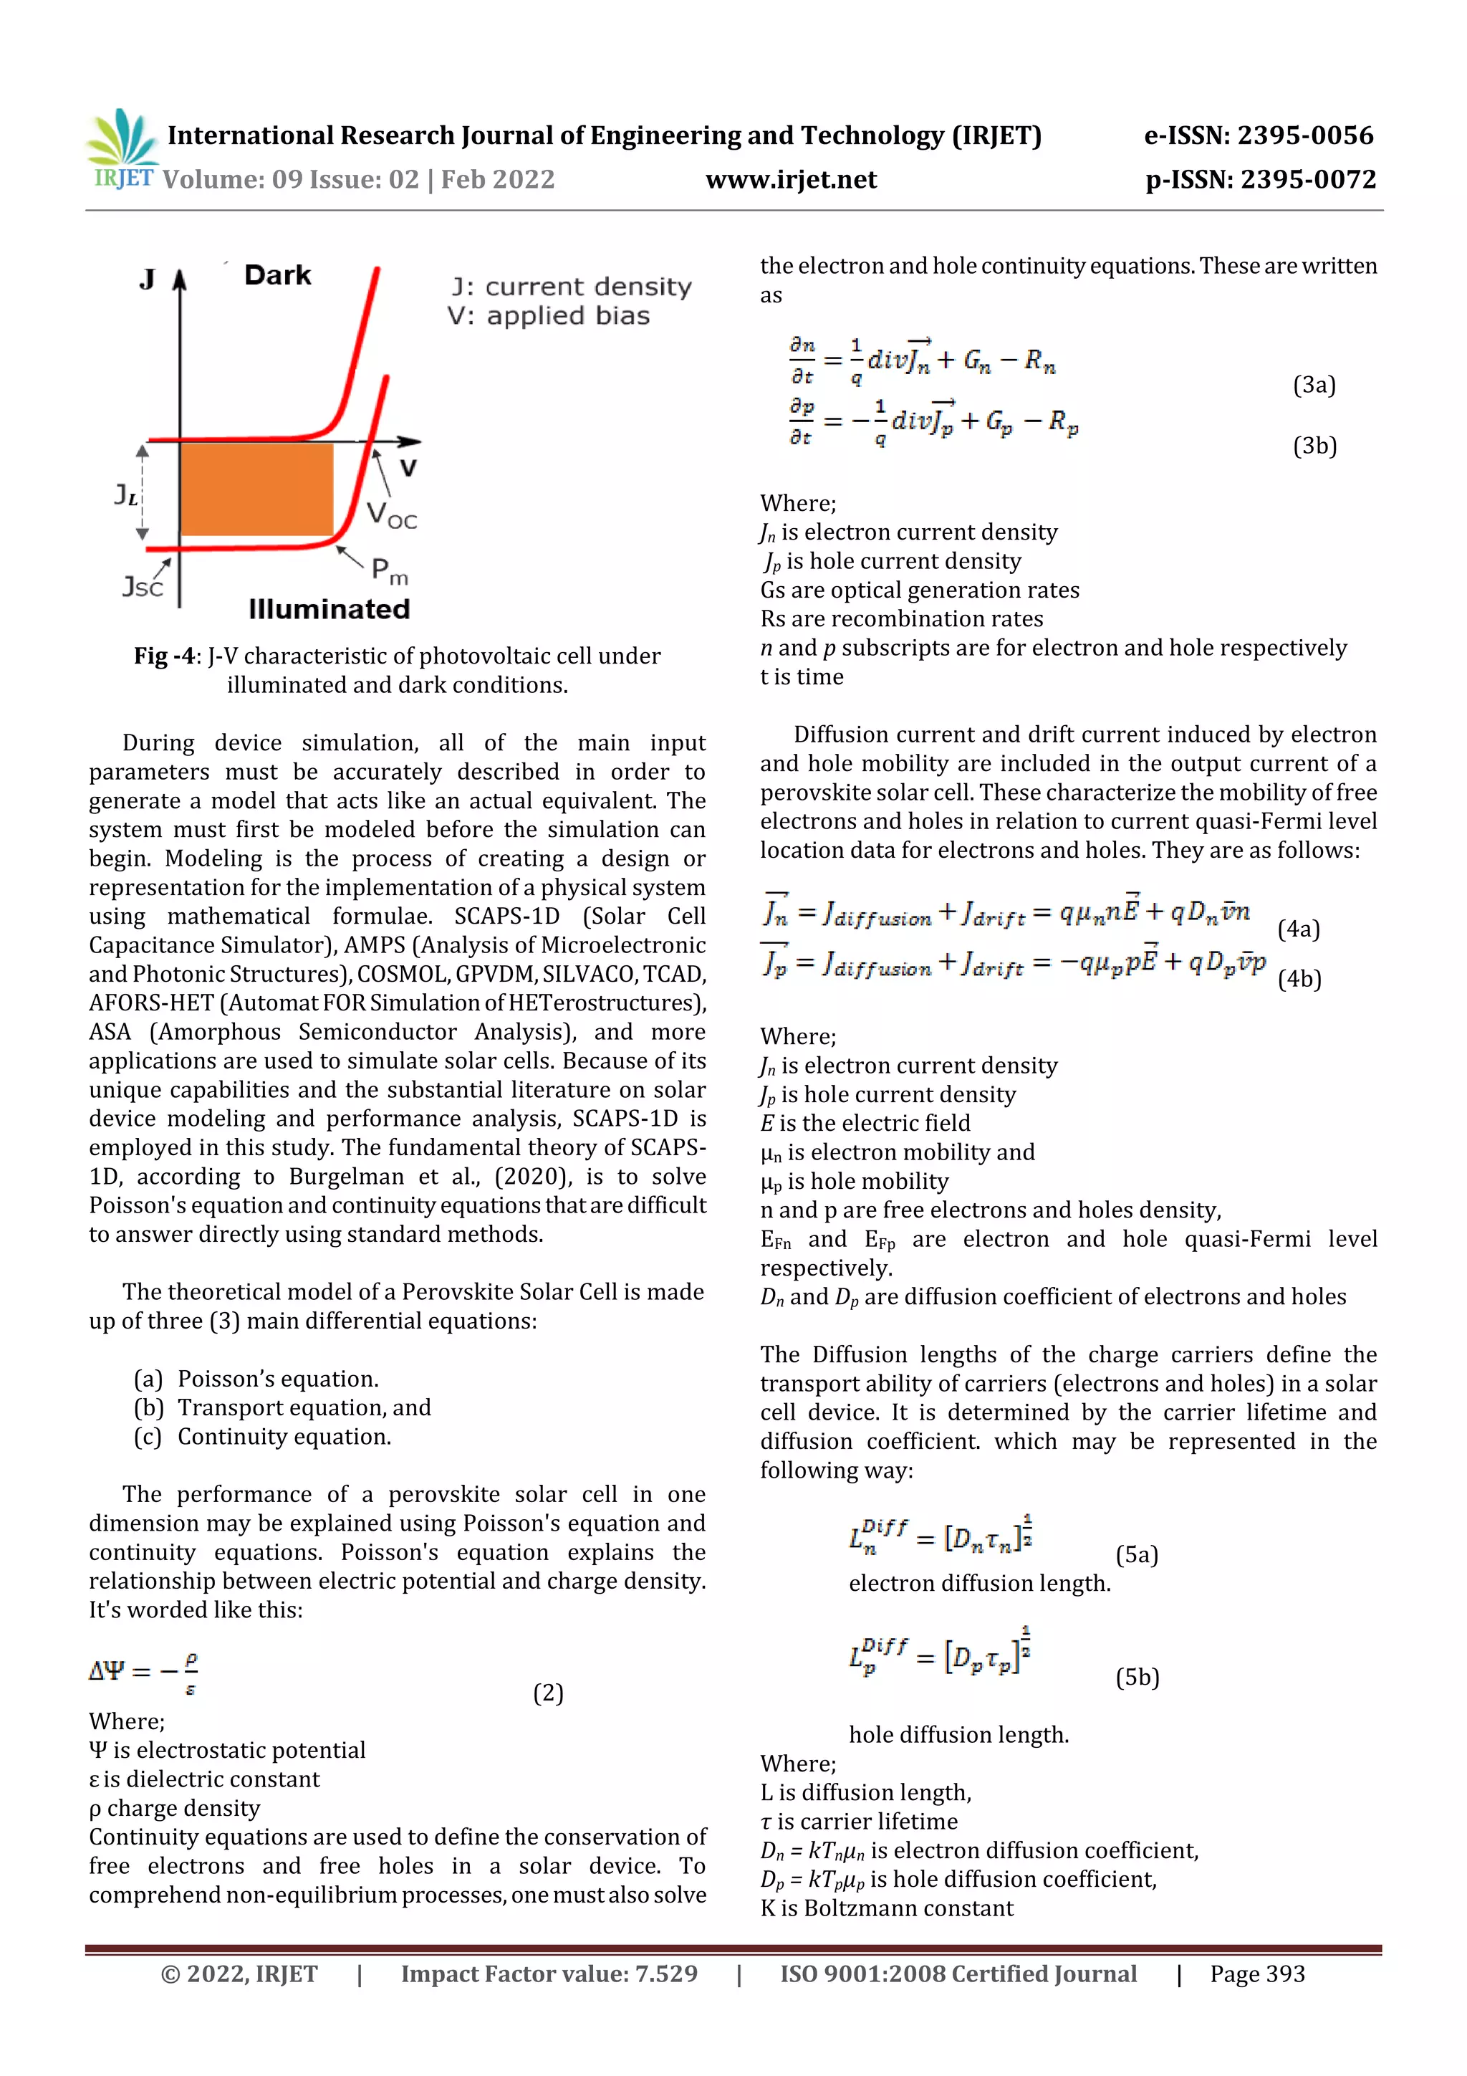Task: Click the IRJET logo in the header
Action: tap(122, 149)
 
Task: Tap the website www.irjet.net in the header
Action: tap(791, 180)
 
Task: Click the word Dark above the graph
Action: tap(277, 275)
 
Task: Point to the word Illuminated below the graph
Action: tap(329, 608)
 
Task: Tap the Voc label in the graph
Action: tap(391, 515)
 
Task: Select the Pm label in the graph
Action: tap(390, 570)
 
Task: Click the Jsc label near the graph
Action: tap(143, 587)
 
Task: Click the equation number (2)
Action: tap(548, 1693)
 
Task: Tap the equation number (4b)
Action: tap(1299, 979)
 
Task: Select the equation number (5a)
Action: tap(1136, 1554)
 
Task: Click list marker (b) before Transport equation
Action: tap(148, 1408)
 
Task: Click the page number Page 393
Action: tap(1257, 1974)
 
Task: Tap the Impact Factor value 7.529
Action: tap(666, 1974)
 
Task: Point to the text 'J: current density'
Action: tap(571, 287)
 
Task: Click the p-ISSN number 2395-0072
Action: tap(1308, 180)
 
